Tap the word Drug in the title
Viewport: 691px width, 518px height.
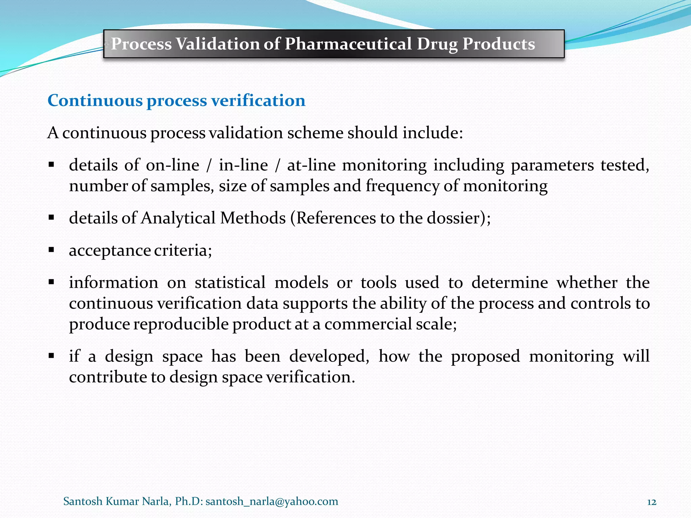click(437, 44)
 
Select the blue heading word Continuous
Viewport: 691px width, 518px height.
click(95, 100)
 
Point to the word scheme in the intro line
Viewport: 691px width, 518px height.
click(315, 133)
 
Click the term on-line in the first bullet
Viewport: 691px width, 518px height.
click(172, 165)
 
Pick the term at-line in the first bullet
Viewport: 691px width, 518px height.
click(311, 165)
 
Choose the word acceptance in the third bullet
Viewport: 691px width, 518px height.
click(110, 251)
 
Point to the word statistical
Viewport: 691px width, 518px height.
click(230, 282)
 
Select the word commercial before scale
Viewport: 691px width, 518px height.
click(368, 324)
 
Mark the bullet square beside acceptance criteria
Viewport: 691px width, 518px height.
click(51, 250)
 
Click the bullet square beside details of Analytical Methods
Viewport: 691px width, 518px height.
click(51, 218)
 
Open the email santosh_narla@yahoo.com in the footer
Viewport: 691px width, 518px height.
click(272, 501)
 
